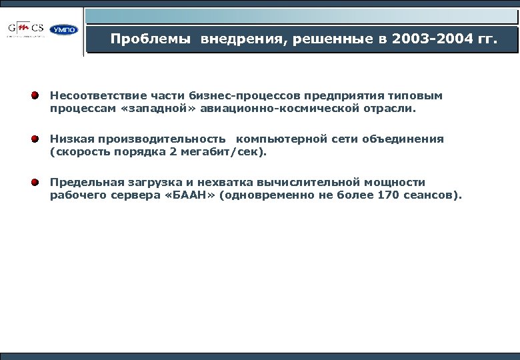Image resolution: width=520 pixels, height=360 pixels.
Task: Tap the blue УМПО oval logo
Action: click(x=64, y=30)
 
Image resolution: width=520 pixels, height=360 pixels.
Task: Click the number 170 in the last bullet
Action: click(x=389, y=195)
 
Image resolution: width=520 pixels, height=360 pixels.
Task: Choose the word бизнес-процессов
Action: click(x=243, y=96)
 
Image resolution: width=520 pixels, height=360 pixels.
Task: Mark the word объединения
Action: click(x=403, y=139)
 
